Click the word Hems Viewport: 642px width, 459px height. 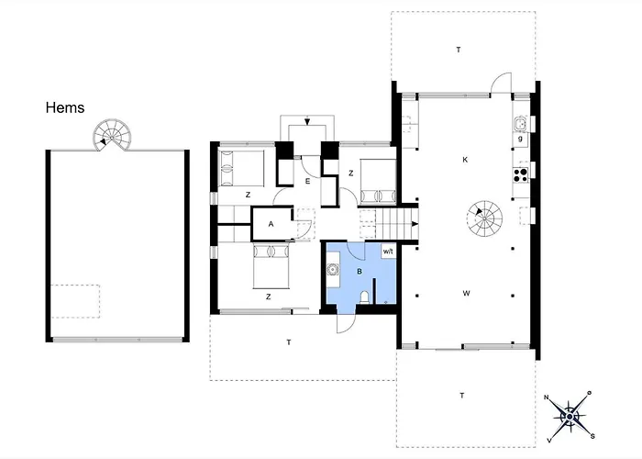[x=65, y=108]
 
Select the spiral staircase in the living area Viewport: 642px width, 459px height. [x=485, y=218]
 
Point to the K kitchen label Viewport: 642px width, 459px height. [x=465, y=160]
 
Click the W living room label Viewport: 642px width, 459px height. [x=466, y=294]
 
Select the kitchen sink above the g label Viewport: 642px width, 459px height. [x=520, y=123]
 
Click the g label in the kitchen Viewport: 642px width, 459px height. [x=520, y=139]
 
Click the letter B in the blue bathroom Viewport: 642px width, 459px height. [x=360, y=271]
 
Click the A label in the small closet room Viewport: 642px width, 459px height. [x=271, y=224]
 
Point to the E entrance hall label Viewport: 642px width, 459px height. [x=307, y=182]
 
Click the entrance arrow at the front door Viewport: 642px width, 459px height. [x=307, y=123]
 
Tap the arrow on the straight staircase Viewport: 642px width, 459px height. [x=415, y=222]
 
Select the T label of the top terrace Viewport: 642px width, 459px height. [x=458, y=49]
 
